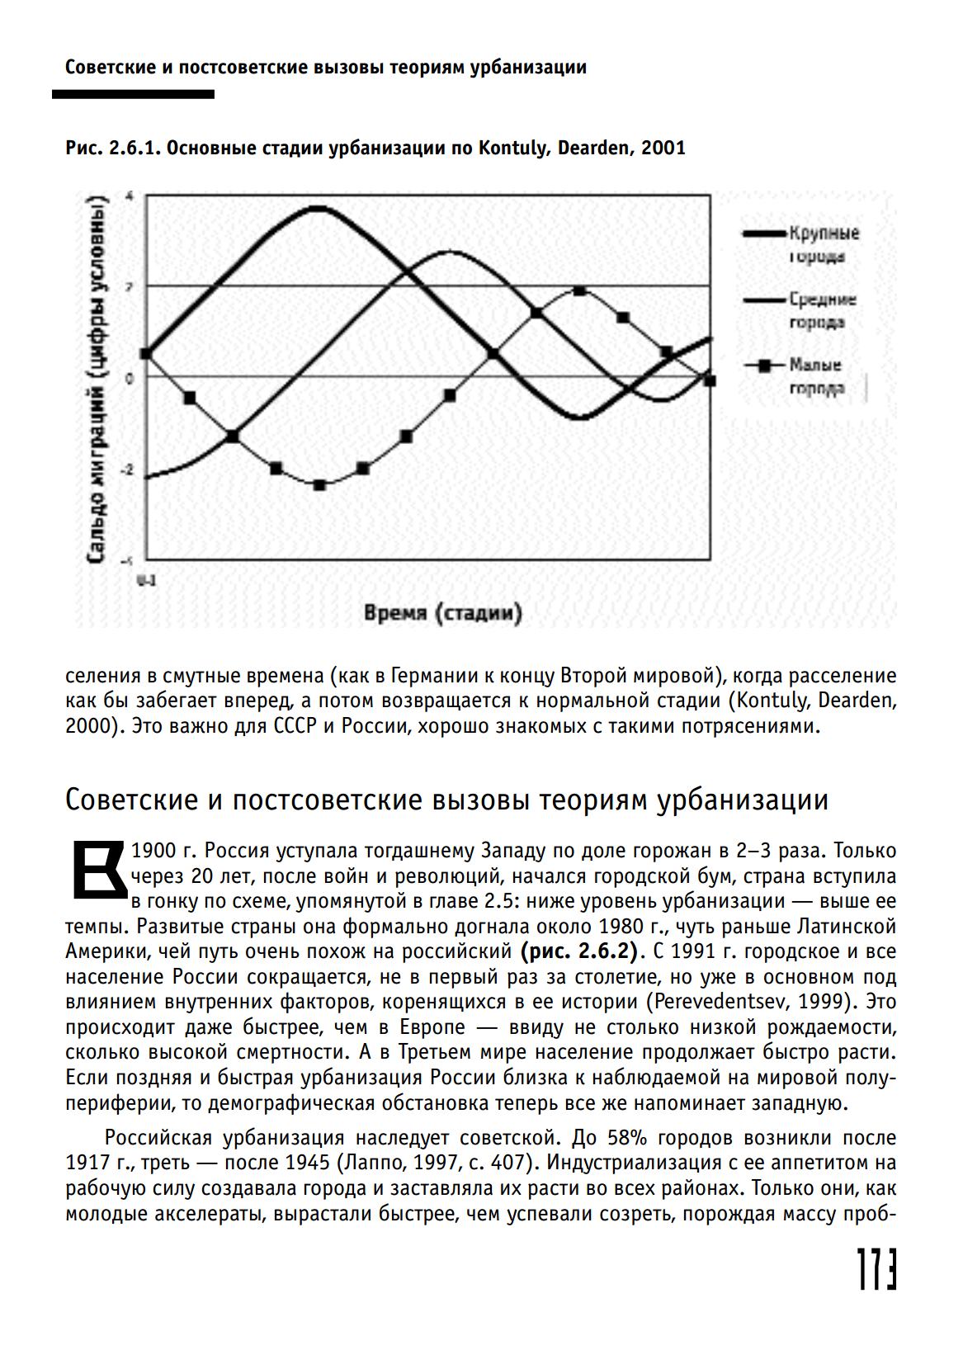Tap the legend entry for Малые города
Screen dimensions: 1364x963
pyautogui.click(x=814, y=375)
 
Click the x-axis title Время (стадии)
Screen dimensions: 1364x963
pyautogui.click(x=443, y=613)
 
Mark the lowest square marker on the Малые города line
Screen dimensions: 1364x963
pyautogui.click(x=319, y=484)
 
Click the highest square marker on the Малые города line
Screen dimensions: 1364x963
pyautogui.click(x=579, y=290)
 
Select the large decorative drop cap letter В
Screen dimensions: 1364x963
pyautogui.click(x=97, y=869)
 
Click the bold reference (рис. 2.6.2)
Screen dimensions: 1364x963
pyautogui.click(x=580, y=951)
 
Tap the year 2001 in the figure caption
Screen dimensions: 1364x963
pyautogui.click(x=663, y=149)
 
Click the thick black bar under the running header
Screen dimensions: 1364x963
pyautogui.click(x=133, y=94)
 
